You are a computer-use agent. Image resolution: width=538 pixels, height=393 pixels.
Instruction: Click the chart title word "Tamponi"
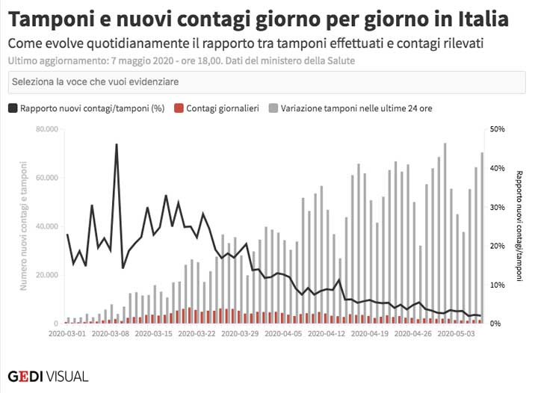click(54, 18)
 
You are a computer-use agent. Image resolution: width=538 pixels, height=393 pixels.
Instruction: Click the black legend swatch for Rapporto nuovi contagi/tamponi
click(13, 108)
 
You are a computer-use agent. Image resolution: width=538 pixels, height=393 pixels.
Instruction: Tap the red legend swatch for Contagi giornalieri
click(178, 108)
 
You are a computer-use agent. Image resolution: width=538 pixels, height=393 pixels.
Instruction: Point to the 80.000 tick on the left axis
click(46, 129)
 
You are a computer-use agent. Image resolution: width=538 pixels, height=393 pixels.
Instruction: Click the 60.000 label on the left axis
click(46, 178)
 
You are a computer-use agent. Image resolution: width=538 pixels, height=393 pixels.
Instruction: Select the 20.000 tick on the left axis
click(46, 275)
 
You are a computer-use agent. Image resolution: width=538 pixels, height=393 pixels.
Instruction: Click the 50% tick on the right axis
click(495, 129)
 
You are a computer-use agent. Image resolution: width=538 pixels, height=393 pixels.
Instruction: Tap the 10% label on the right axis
click(495, 285)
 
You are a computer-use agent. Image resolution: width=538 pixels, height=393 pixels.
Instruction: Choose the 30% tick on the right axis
click(495, 207)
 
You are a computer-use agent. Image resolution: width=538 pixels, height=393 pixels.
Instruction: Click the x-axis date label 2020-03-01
click(68, 333)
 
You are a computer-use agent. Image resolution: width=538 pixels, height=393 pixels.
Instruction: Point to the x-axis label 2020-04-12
click(326, 333)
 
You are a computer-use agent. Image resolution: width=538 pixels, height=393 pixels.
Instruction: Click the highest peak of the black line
click(117, 144)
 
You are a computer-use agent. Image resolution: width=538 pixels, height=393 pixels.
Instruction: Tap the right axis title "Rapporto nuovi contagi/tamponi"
click(519, 226)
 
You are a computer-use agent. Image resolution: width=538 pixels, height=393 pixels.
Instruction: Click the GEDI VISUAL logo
click(48, 375)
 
